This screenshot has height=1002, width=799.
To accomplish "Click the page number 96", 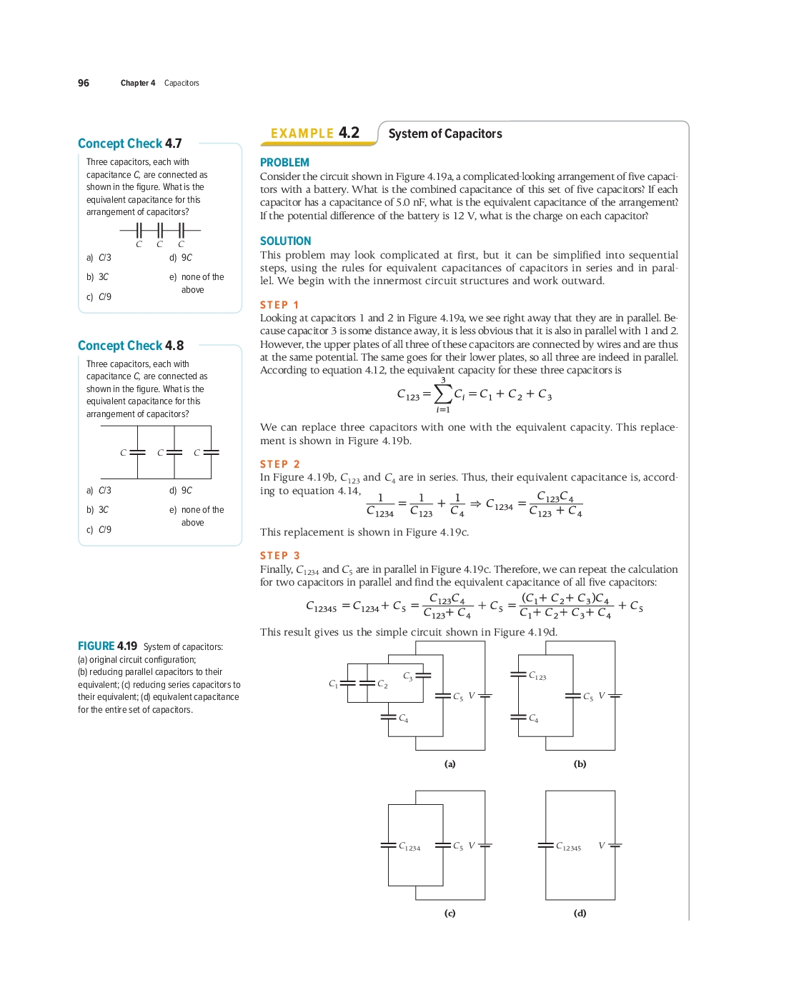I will click(84, 83).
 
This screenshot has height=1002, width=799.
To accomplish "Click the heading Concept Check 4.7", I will click(129, 144).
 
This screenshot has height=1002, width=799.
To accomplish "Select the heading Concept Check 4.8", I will click(130, 346).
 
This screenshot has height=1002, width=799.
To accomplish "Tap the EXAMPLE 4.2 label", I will click(314, 134).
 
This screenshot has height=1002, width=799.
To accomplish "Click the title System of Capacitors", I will click(445, 134).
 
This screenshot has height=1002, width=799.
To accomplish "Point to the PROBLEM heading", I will click(284, 163).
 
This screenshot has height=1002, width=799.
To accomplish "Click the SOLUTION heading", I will click(285, 241).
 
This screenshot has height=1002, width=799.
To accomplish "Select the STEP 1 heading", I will click(279, 305).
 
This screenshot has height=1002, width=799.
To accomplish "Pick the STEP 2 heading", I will click(279, 464).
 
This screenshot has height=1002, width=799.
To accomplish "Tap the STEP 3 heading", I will click(279, 556).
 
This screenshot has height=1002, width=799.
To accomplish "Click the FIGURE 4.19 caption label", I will click(107, 646).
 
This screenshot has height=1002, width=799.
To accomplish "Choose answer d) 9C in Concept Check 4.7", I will click(181, 258).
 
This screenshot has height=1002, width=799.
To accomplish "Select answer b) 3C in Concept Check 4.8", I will click(98, 510).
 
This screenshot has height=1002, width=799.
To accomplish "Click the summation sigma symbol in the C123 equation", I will click(443, 394).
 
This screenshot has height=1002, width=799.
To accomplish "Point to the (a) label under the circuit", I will click(450, 763).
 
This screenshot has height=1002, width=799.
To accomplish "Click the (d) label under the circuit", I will click(580, 913).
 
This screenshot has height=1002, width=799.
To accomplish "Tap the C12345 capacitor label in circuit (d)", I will click(568, 846).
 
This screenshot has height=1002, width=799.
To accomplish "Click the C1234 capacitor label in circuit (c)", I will click(410, 846).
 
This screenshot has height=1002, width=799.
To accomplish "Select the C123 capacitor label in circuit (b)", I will click(537, 676).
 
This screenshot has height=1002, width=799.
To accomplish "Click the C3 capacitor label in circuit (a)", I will click(407, 676).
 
